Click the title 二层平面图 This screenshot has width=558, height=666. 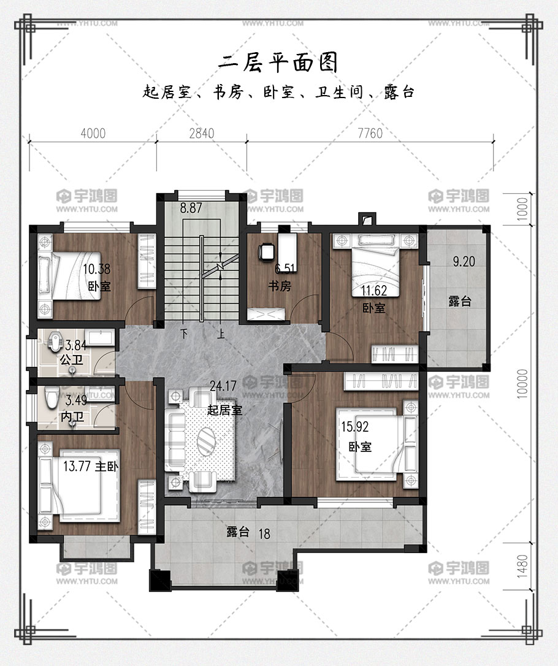pyautogui.click(x=278, y=63)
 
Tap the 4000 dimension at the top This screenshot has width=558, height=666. pyautogui.click(x=93, y=133)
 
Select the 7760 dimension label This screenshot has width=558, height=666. pyautogui.click(x=370, y=133)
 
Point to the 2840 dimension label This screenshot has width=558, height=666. pyautogui.click(x=202, y=133)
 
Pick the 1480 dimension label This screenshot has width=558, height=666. pyautogui.click(x=523, y=566)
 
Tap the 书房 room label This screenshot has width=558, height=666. pyautogui.click(x=280, y=286)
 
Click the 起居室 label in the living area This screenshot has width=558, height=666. pyautogui.click(x=224, y=410)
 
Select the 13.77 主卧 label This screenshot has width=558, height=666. pyautogui.click(x=91, y=466)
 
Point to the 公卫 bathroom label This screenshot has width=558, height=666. pyautogui.click(x=71, y=360)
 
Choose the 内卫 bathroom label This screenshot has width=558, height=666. pyautogui.click(x=72, y=416)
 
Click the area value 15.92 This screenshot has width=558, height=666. pyautogui.click(x=355, y=426)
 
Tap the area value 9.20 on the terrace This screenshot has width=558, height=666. pyautogui.click(x=464, y=261)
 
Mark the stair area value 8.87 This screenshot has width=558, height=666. pyautogui.click(x=191, y=208)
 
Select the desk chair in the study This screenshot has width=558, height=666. pyautogui.click(x=267, y=251)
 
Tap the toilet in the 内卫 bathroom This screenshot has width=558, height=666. pyautogui.click(x=52, y=398)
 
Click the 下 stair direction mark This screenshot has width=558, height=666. pyautogui.click(x=184, y=334)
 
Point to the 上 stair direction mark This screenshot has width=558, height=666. pyautogui.click(x=221, y=334)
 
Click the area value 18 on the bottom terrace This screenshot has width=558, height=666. pyautogui.click(x=264, y=534)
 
